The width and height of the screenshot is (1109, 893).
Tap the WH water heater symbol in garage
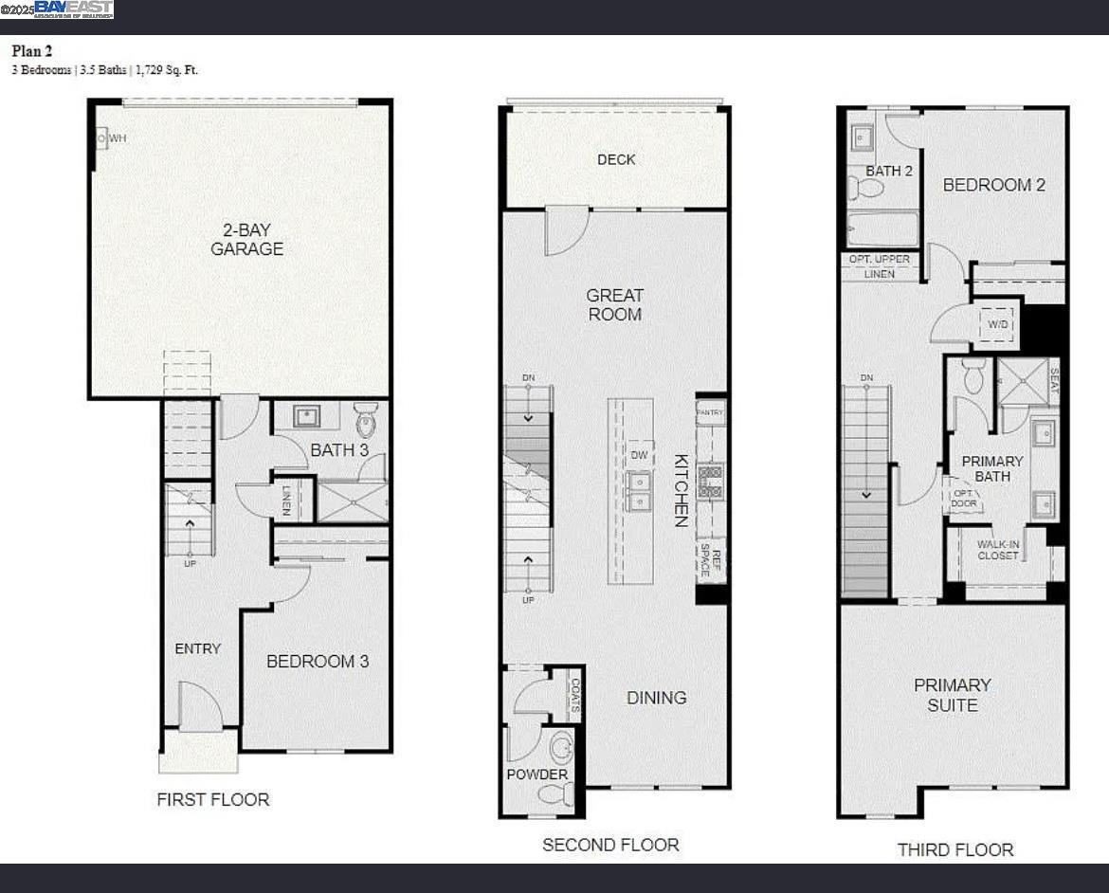pos(102,138)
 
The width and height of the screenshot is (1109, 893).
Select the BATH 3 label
pos(339,449)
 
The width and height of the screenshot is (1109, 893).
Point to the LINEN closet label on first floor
pos(287,499)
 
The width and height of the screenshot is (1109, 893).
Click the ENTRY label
pos(197,648)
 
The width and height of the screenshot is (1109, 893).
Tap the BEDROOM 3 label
pos(317,661)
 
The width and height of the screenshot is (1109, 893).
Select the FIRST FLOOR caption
pos(213,799)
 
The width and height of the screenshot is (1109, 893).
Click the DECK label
pos(616,159)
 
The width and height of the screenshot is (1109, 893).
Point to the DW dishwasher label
pos(639,455)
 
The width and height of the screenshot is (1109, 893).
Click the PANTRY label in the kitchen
pos(710,412)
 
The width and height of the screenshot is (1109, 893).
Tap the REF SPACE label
pos(711,562)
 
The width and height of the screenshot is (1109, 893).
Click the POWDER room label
pos(536,775)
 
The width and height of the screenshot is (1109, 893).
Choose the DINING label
pos(656,697)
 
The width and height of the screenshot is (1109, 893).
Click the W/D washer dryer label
pos(998,325)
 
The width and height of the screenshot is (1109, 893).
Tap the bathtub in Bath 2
pos(882,229)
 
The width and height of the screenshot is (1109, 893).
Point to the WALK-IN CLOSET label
pos(998,549)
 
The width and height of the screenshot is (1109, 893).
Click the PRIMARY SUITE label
pos(952,695)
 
